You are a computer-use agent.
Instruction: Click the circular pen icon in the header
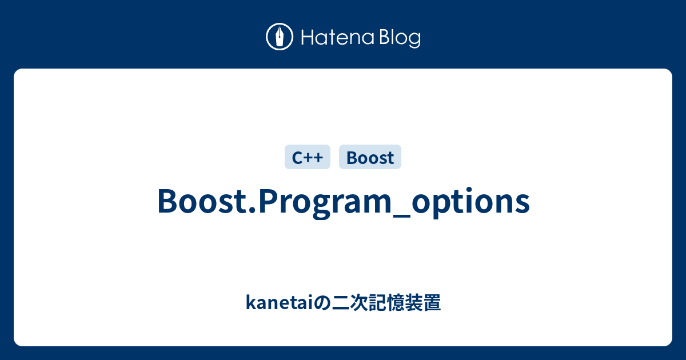pos(280,37)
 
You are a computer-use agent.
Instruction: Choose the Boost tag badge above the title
pos(370,157)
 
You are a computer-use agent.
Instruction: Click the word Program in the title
pos(322,201)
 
